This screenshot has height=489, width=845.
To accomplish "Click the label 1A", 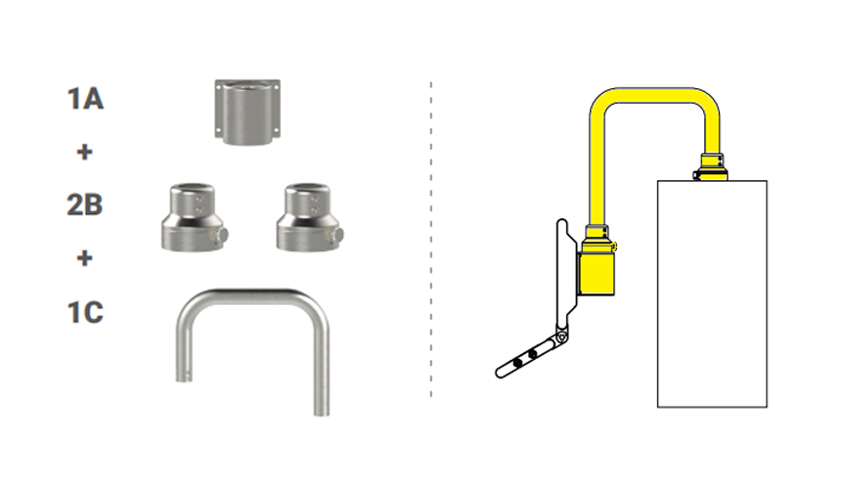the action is [x=85, y=99].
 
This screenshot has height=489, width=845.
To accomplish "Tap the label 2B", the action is [x=85, y=204].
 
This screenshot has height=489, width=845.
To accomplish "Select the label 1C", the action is [x=85, y=313].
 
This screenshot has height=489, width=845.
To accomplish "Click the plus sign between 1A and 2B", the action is [x=85, y=152].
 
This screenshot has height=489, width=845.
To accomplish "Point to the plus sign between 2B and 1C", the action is [x=85, y=258].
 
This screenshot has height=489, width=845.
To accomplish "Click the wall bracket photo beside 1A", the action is [x=247, y=112].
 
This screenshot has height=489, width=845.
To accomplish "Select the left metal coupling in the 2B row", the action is [x=195, y=217].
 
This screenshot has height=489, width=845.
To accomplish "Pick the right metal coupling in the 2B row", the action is [x=309, y=217].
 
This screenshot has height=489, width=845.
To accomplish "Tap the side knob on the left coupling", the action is [x=223, y=235].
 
